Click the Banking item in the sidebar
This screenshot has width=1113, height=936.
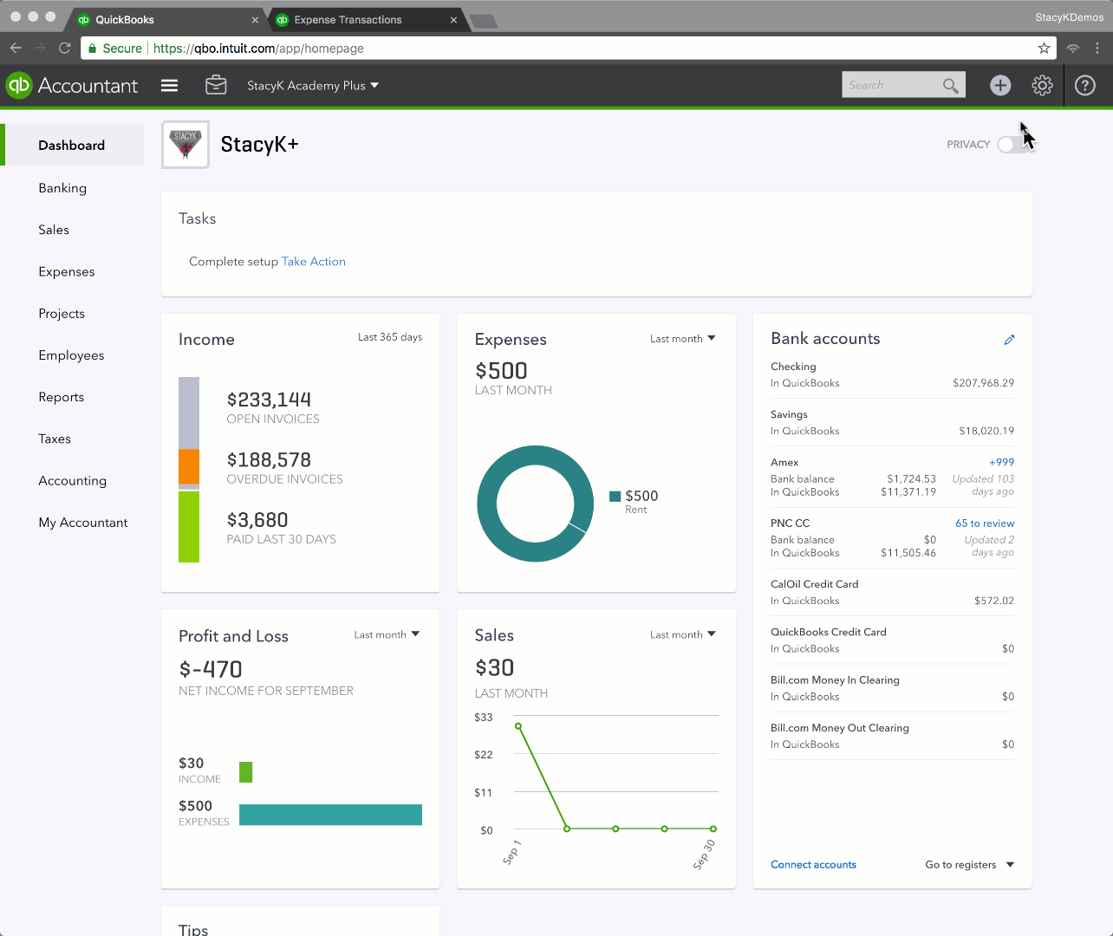click(x=62, y=188)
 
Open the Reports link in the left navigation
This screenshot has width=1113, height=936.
click(x=62, y=397)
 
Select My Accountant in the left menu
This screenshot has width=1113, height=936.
click(x=83, y=523)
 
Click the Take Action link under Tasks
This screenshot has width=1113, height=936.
click(x=314, y=262)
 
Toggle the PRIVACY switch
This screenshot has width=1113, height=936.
click(x=1012, y=145)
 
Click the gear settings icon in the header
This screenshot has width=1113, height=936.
click(x=1042, y=85)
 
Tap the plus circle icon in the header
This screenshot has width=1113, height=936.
click(x=1000, y=85)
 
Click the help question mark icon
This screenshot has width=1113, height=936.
click(x=1084, y=85)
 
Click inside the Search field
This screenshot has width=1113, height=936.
click(x=891, y=85)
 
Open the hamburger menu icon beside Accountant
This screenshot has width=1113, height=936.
click(x=170, y=85)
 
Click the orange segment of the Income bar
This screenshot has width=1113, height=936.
click(x=189, y=466)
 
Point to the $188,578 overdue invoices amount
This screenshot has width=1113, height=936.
click(x=269, y=460)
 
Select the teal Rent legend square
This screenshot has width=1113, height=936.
click(x=615, y=497)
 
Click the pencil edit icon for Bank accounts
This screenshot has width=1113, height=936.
click(x=1009, y=340)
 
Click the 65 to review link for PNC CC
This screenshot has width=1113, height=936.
click(x=985, y=523)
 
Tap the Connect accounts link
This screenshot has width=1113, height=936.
click(x=813, y=865)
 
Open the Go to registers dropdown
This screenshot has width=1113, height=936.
click(x=969, y=865)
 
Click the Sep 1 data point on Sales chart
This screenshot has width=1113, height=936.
click(x=518, y=726)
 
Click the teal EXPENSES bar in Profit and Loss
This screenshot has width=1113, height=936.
click(x=330, y=815)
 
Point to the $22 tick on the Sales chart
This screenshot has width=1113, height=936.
click(x=484, y=755)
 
